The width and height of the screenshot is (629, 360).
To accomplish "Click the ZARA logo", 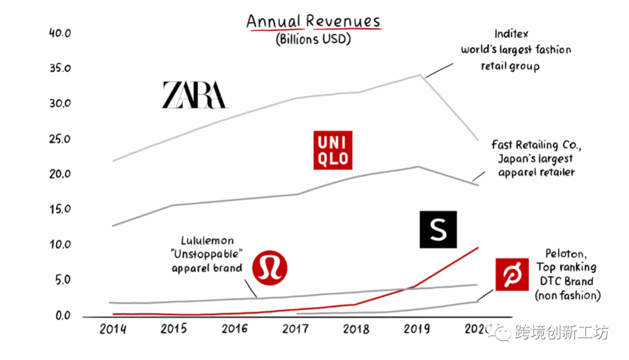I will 194,95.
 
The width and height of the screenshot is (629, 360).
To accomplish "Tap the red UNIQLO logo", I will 333,150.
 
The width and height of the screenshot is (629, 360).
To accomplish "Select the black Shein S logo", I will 438,230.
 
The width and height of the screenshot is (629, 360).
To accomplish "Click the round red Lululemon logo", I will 270,267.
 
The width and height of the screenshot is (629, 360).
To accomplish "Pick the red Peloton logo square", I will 511,274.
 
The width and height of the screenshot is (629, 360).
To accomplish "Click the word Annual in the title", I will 274,22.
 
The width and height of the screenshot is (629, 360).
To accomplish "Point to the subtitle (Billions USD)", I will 313,40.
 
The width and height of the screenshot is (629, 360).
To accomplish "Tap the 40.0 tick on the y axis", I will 59,33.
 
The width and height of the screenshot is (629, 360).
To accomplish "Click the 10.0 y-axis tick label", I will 59,245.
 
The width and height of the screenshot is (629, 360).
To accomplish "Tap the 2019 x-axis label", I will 418,329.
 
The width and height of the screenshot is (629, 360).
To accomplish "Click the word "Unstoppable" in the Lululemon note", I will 207,255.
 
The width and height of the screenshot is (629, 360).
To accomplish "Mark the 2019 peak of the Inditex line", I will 419,75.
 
